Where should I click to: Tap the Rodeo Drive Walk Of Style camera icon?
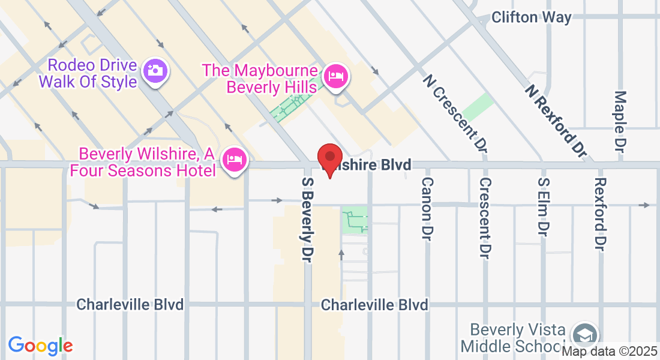click(x=155, y=71)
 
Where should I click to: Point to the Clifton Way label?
click(x=531, y=17)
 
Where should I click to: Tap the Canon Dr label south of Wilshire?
click(x=427, y=206)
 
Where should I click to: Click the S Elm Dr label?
click(x=544, y=206)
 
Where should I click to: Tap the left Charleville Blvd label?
click(x=130, y=305)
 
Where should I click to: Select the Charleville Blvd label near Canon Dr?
click(x=374, y=305)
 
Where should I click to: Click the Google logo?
click(x=40, y=346)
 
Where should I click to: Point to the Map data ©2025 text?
click(x=609, y=352)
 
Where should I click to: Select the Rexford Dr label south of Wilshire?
click(x=600, y=214)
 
